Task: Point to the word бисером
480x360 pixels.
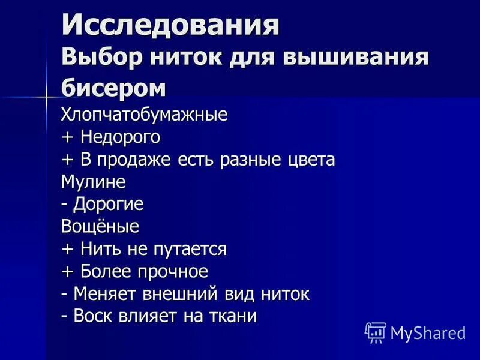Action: (113, 88)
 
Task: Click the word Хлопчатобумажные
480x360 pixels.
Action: (144, 114)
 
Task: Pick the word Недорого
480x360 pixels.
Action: (117, 137)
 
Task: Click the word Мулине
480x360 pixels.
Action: (93, 181)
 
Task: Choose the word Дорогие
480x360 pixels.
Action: (109, 204)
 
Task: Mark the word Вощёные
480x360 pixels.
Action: (100, 226)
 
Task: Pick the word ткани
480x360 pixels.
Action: (235, 316)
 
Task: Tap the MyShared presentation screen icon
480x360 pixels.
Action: (376, 332)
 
